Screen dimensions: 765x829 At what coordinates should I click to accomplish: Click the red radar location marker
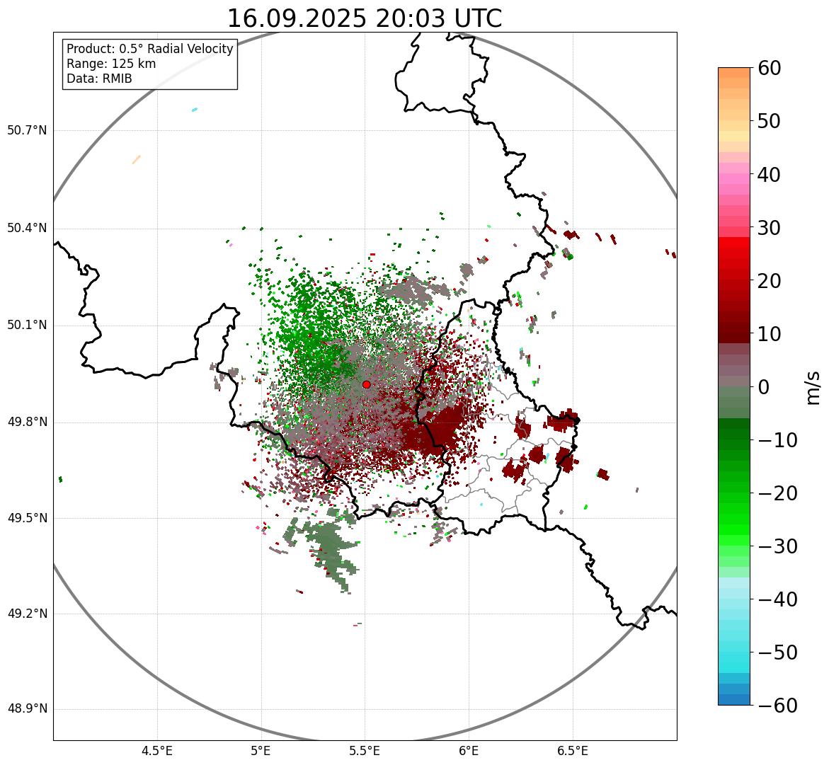(x=366, y=384)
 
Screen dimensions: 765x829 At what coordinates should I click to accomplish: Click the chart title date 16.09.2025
(x=297, y=18)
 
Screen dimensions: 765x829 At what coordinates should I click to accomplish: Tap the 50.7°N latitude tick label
(x=26, y=131)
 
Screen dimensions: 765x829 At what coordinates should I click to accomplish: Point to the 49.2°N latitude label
(x=26, y=614)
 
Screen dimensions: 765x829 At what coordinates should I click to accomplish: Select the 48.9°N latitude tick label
(x=26, y=709)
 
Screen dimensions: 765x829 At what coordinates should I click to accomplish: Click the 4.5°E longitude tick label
(x=157, y=751)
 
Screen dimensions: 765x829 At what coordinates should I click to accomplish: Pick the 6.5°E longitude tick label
(x=572, y=751)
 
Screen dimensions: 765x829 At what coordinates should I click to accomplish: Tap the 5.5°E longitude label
(x=365, y=751)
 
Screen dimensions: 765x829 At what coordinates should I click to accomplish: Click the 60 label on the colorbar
(x=770, y=69)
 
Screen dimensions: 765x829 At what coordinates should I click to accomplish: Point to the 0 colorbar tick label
(x=764, y=387)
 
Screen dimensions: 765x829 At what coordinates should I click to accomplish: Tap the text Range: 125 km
(x=111, y=64)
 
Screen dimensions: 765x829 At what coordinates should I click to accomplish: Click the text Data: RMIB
(x=99, y=79)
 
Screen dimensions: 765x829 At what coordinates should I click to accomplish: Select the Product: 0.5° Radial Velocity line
(x=149, y=49)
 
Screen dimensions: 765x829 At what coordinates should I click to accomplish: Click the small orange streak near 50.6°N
(x=136, y=159)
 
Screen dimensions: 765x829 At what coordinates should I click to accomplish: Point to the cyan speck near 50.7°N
(x=195, y=110)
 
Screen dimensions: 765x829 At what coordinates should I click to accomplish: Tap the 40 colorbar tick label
(x=770, y=175)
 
